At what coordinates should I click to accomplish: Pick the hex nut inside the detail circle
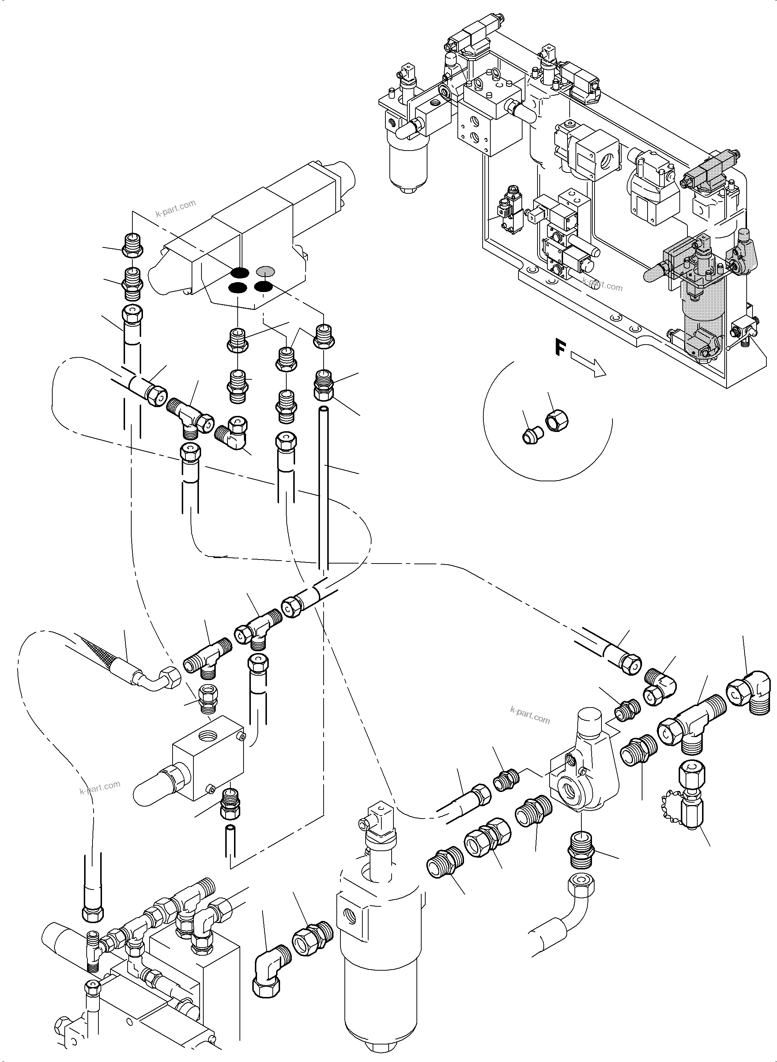pos(557,417)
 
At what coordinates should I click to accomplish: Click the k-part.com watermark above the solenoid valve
pos(175,208)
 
